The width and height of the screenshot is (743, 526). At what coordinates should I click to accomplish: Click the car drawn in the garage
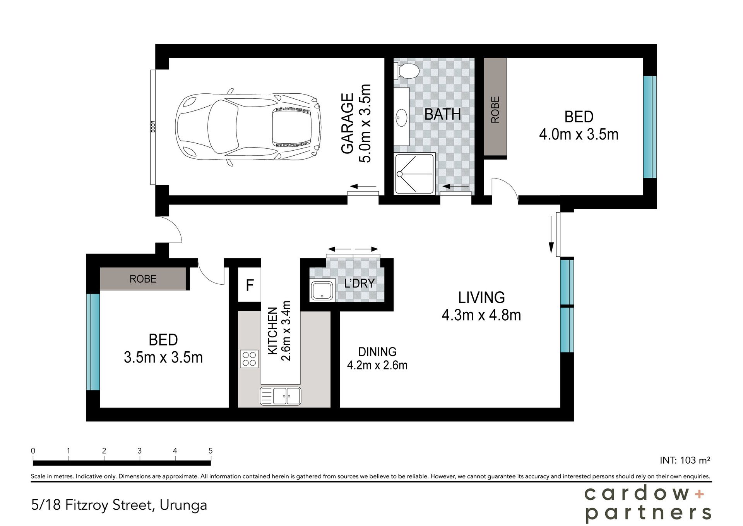click(248, 128)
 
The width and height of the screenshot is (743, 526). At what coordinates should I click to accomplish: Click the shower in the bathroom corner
click(414, 173)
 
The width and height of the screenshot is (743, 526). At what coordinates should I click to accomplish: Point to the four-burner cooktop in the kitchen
click(249, 358)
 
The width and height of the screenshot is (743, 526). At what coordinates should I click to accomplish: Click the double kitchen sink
click(281, 395)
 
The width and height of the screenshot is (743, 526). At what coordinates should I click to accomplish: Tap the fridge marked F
click(250, 285)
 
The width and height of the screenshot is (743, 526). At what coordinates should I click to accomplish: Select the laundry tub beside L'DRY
click(322, 291)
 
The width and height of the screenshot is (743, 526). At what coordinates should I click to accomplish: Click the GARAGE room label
click(348, 124)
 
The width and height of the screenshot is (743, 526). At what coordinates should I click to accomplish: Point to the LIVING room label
click(481, 297)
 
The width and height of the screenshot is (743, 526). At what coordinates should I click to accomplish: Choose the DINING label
click(377, 352)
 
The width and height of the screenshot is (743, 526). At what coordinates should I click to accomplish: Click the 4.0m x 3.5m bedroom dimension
click(579, 134)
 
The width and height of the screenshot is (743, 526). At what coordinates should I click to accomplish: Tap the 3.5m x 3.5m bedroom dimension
click(163, 357)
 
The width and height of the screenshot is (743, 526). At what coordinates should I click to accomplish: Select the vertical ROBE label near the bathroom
click(495, 110)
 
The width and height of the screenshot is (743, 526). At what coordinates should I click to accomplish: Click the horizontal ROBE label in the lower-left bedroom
click(143, 279)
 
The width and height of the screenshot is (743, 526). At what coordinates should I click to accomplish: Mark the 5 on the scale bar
click(211, 451)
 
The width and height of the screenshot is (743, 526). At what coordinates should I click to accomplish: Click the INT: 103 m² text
click(685, 460)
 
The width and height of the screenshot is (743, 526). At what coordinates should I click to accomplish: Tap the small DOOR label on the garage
click(153, 127)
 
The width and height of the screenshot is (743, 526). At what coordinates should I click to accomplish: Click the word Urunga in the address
click(183, 505)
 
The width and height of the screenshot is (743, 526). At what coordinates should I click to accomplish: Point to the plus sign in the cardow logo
click(699, 494)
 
